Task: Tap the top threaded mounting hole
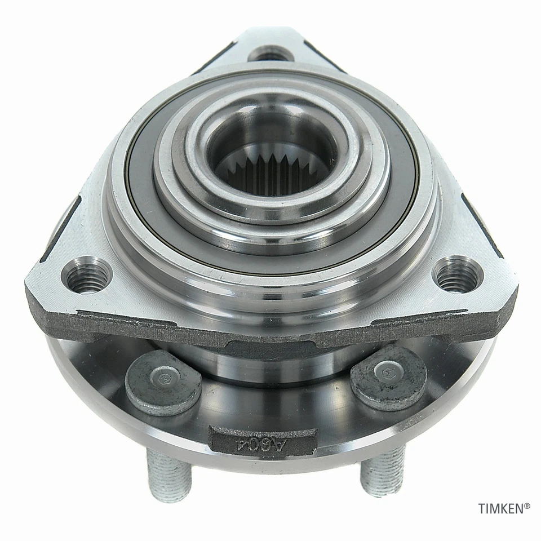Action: point(270,54)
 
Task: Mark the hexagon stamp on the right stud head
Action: point(388,369)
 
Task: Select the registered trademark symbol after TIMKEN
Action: point(527,506)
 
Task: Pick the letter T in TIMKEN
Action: point(482,509)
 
